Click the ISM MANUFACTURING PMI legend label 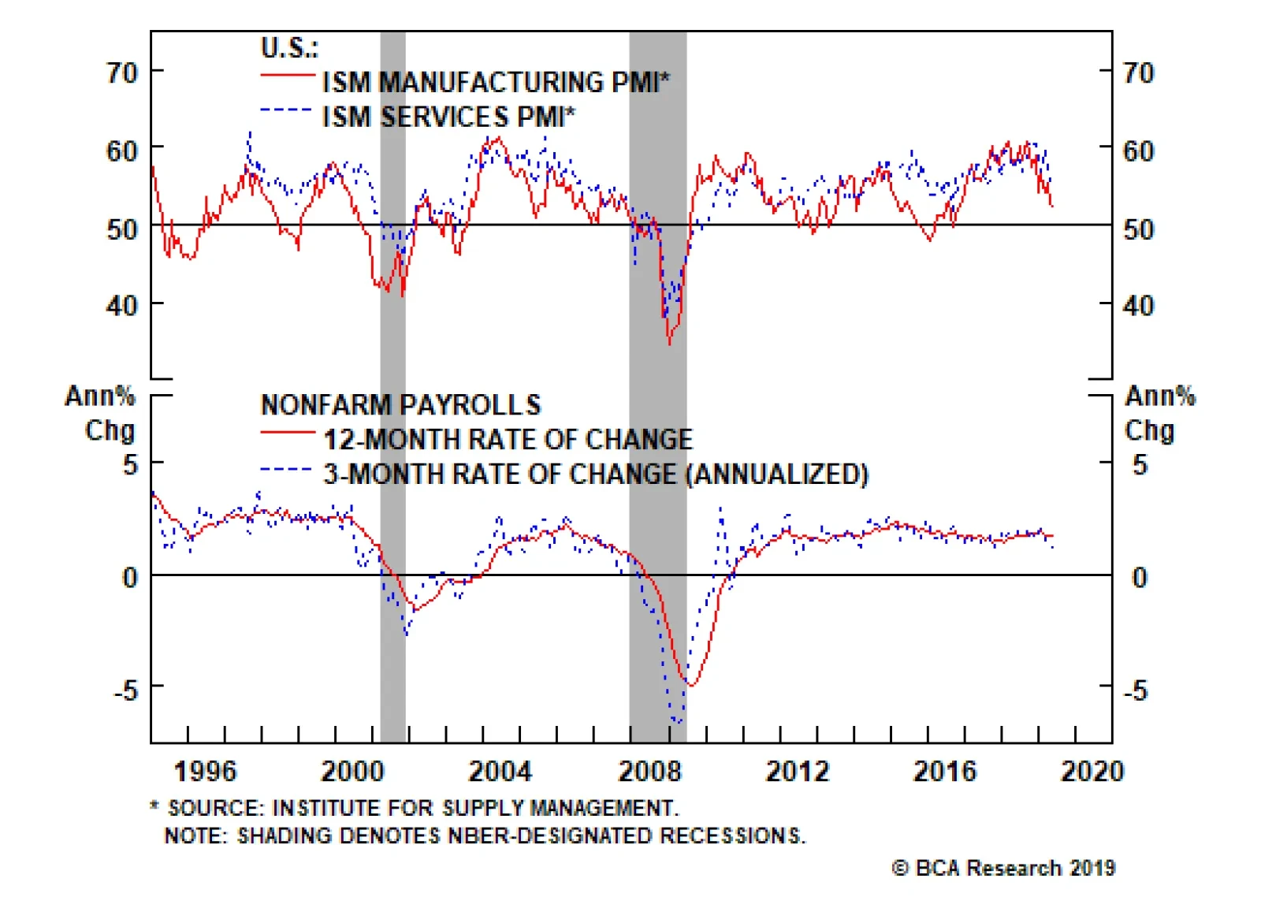(496, 82)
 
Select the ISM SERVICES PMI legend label (448, 117)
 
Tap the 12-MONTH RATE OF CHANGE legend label (508, 439)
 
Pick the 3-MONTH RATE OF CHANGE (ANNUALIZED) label (596, 474)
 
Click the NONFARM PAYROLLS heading (400, 405)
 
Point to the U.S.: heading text (289, 48)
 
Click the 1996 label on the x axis (205, 771)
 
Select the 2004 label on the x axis (500, 771)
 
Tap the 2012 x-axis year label (797, 771)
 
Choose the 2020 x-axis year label (1092, 771)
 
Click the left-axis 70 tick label (122, 73)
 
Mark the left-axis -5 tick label (125, 691)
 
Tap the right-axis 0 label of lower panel (1140, 578)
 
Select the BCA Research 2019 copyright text (1003, 869)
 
